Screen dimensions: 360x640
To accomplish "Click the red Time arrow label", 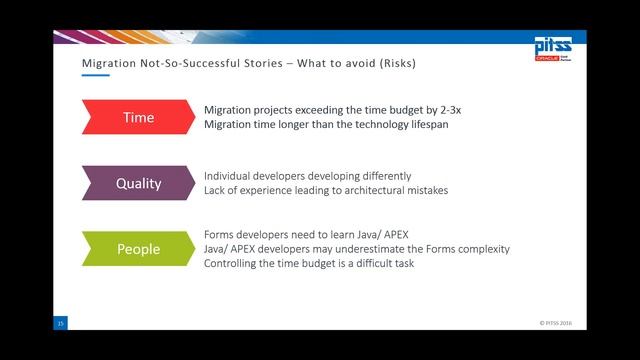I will [x=138, y=117].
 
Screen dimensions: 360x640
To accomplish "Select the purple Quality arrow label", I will [x=138, y=183].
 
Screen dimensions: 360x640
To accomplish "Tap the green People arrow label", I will [x=138, y=249].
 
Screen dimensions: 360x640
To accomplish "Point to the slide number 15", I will [x=60, y=324].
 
